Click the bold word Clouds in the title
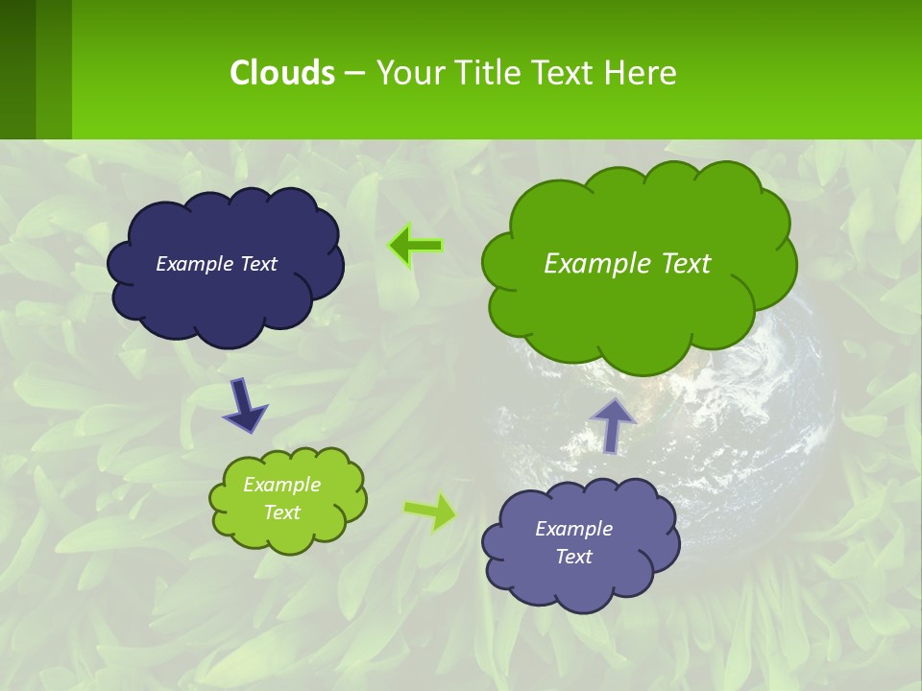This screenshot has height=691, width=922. click(281, 72)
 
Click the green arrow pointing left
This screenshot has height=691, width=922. click(415, 246)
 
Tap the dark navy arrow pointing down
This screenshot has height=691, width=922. click(243, 406)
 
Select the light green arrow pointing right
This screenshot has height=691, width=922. click(429, 512)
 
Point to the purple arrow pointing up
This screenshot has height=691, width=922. click(613, 425)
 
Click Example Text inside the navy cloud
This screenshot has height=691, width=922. click(216, 264)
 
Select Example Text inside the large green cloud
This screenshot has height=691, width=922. click(627, 264)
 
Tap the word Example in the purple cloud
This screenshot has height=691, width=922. click(573, 529)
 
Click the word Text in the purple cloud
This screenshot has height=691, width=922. click(573, 557)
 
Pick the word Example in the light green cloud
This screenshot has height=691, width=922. click(281, 485)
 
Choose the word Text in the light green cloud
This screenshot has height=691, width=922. click(281, 512)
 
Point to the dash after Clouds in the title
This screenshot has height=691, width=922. click(354, 73)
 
